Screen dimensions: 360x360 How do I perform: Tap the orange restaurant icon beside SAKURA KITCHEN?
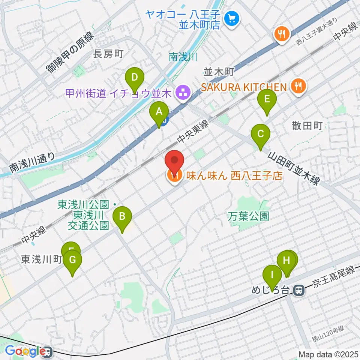[x=298, y=87]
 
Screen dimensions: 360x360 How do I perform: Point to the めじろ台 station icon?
[x=299, y=290]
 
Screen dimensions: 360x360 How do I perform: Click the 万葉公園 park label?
[x=249, y=216]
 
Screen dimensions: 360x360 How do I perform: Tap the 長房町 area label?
[x=108, y=54]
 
